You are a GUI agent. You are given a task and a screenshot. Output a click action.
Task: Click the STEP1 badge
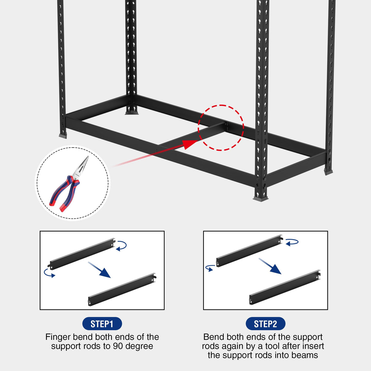(x=102, y=324)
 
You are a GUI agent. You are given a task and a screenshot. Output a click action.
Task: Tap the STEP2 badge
(x=265, y=324)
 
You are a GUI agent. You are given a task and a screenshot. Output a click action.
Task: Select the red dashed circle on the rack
(x=221, y=128)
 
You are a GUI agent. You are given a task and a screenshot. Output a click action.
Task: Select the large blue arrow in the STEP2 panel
(x=270, y=266)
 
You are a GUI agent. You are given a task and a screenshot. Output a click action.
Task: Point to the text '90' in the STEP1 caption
(x=118, y=346)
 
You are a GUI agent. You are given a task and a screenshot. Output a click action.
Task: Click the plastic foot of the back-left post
(x=131, y=112)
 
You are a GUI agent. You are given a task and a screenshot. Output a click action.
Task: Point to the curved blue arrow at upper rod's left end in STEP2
(x=210, y=268)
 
